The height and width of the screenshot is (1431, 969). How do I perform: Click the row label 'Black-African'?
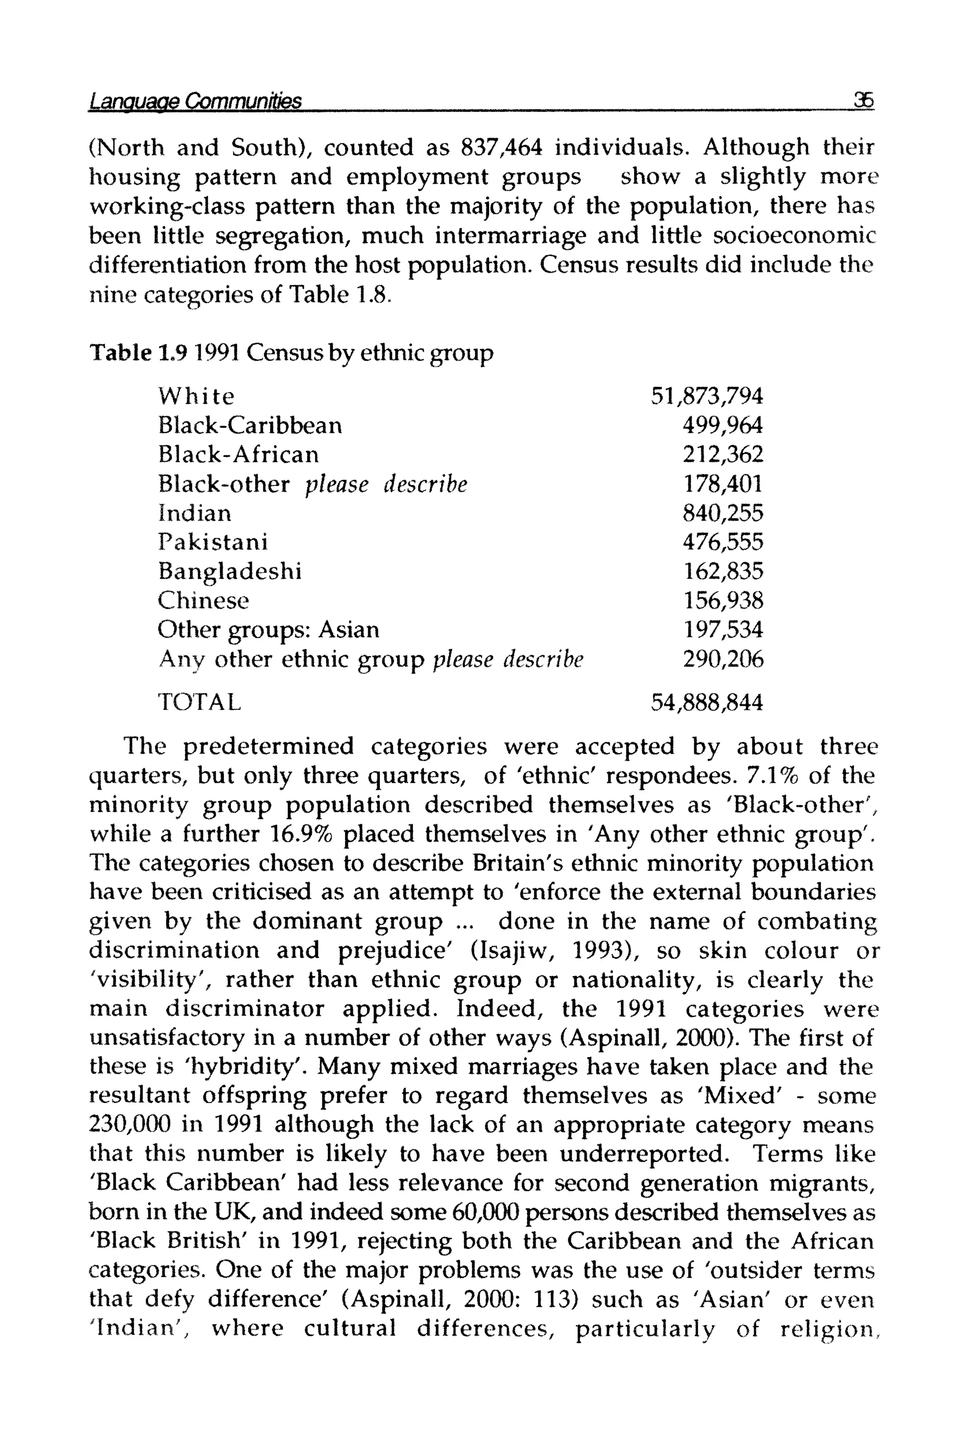pyautogui.click(x=238, y=454)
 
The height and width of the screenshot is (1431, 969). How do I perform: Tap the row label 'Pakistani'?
pyautogui.click(x=213, y=542)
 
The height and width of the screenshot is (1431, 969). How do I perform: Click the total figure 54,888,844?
pyautogui.click(x=707, y=702)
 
